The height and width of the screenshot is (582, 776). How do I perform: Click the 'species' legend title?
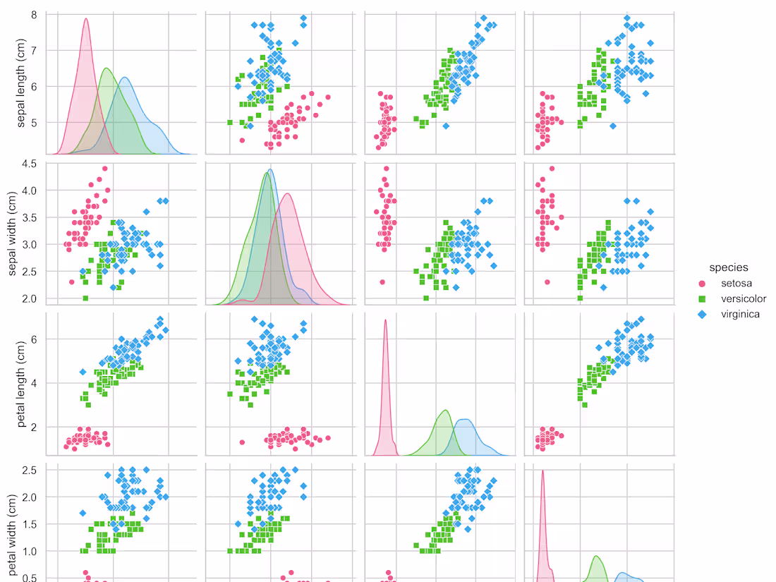[729, 268]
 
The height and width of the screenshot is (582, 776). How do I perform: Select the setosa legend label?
[736, 284]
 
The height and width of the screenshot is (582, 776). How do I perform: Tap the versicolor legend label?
[743, 299]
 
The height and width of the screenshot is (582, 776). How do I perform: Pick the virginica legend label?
[740, 315]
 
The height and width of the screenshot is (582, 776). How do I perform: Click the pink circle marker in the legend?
[701, 284]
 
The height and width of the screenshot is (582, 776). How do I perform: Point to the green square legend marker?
[701, 299]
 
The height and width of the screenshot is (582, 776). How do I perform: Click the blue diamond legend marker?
[701, 315]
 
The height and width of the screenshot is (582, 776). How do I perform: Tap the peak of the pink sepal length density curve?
[86, 19]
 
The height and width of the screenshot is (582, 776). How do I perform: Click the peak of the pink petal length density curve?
[385, 320]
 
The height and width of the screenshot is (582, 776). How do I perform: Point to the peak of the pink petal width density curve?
[542, 471]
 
